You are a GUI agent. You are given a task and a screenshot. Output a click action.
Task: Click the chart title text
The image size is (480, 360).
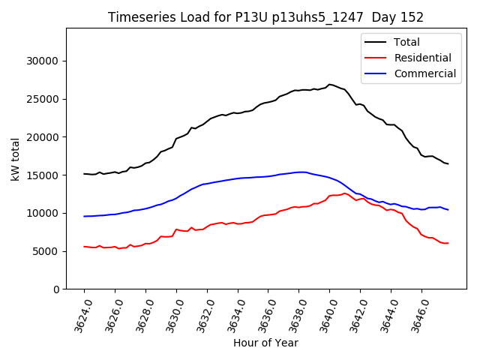pyautogui.click(x=265, y=17)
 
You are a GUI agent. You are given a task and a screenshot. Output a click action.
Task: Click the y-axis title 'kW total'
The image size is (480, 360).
pyautogui.click(x=16, y=159)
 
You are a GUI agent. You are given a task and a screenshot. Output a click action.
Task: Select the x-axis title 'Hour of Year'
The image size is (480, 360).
pyautogui.click(x=265, y=343)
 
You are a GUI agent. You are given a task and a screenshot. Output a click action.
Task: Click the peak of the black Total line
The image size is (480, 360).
pyautogui.click(x=329, y=85)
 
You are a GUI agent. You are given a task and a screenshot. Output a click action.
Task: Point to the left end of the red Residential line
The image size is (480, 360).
pyautogui.click(x=85, y=246)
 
